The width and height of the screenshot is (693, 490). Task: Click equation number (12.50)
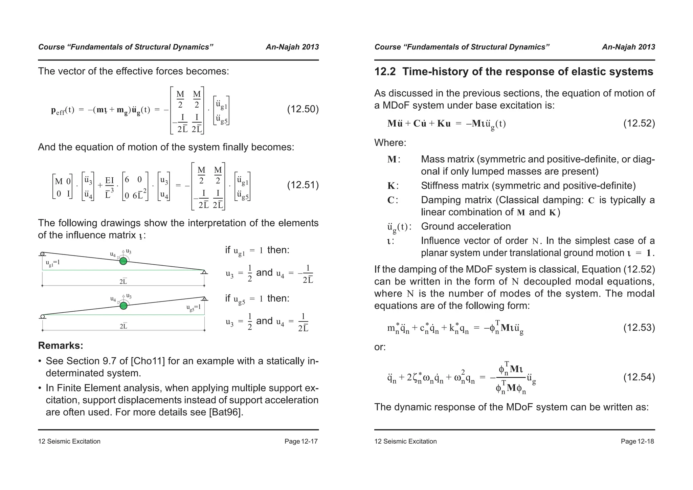pyautogui.click(x=303, y=109)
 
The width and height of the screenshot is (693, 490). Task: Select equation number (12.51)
pyautogui.click(x=303, y=185)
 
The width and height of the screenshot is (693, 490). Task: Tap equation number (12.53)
pyautogui.click(x=639, y=328)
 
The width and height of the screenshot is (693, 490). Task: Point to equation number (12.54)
pyautogui.click(x=639, y=377)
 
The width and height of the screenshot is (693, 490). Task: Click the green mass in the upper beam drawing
pyautogui.click(x=124, y=261)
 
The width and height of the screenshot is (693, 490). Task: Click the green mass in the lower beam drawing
pyautogui.click(x=124, y=306)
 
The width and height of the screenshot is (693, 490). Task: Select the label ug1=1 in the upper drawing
pyautogui.click(x=53, y=263)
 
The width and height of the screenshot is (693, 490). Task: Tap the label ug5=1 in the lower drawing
pyautogui.click(x=194, y=307)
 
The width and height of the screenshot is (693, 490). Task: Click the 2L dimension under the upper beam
pyautogui.click(x=123, y=281)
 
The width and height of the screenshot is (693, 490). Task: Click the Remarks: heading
pyautogui.click(x=61, y=346)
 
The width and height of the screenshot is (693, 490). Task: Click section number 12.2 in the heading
pyautogui.click(x=385, y=72)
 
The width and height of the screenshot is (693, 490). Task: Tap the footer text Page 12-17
pyautogui.click(x=301, y=441)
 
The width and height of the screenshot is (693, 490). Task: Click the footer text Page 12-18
pyautogui.click(x=637, y=441)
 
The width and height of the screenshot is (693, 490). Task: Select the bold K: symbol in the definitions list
pyautogui.click(x=393, y=186)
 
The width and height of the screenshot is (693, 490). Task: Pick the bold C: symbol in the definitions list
pyautogui.click(x=393, y=200)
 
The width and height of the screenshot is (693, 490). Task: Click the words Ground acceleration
pyautogui.click(x=466, y=226)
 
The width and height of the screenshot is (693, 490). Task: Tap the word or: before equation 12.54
pyautogui.click(x=380, y=347)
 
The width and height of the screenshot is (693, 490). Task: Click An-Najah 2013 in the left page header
pyautogui.click(x=292, y=47)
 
